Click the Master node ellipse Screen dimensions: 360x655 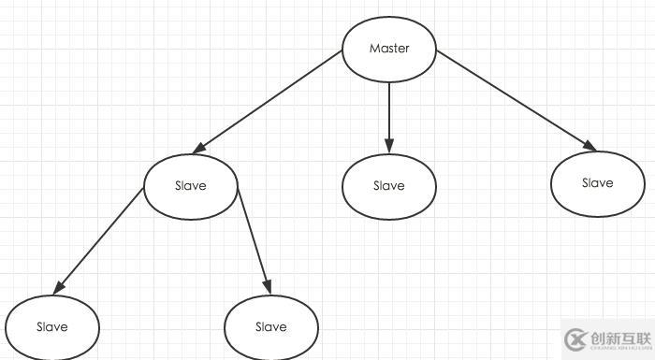tap(389, 49)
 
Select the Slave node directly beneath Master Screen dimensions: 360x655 tap(389, 185)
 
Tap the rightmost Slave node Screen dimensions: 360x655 tap(597, 183)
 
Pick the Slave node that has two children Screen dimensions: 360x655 tap(191, 185)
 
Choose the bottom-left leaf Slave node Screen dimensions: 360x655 tap(51, 326)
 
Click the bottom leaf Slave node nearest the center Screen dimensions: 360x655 tap(271, 326)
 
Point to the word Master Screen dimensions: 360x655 tap(389, 49)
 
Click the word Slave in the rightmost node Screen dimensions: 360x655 tap(597, 183)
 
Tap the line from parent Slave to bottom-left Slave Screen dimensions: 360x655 tap(99, 239)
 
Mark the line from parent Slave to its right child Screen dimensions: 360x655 tap(253, 239)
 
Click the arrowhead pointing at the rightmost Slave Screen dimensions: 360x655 tap(589, 146)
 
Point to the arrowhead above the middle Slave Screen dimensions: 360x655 tap(389, 146)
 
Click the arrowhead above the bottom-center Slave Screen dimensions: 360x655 tap(267, 286)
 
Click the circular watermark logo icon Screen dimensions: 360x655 tap(575, 338)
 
